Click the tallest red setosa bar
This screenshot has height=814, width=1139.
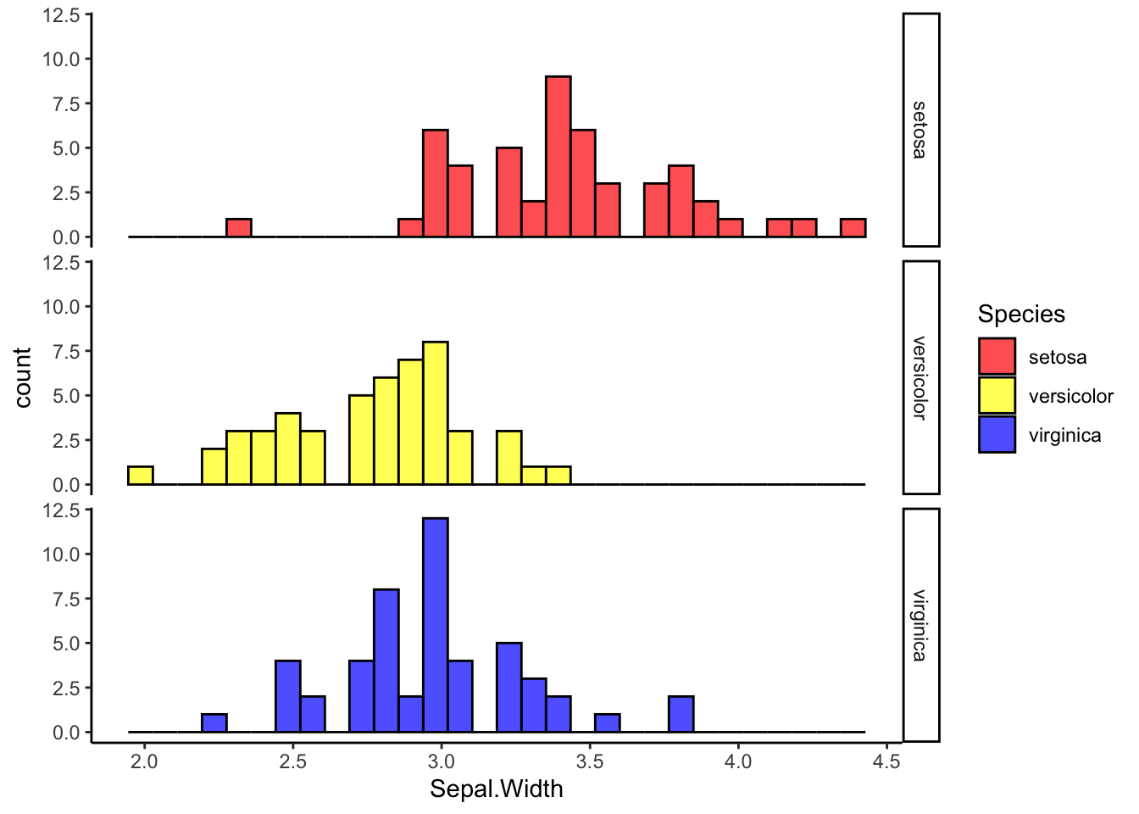(558, 157)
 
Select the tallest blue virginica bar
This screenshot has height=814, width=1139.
(436, 625)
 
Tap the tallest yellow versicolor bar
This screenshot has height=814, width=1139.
(436, 413)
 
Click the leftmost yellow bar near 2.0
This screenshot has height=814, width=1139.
(141, 476)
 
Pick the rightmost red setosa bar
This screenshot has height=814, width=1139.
(853, 228)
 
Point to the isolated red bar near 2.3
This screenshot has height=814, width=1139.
(239, 228)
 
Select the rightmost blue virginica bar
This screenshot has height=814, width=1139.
(681, 714)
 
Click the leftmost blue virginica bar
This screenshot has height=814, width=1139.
(214, 723)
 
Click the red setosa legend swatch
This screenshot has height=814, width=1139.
(997, 357)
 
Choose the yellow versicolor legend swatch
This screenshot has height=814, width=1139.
(997, 396)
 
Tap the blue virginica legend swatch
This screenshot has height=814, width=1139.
(997, 435)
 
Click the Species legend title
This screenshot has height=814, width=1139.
(1020, 315)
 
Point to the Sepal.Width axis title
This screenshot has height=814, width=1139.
(496, 789)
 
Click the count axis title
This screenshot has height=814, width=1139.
(23, 377)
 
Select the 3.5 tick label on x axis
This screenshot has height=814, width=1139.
(590, 761)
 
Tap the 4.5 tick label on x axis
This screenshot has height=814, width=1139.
(886, 761)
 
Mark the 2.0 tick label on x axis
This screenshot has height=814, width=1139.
(145, 761)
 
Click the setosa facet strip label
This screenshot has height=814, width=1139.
(920, 130)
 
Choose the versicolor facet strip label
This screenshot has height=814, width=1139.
(920, 377)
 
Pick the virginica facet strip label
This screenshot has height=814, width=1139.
(920, 625)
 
